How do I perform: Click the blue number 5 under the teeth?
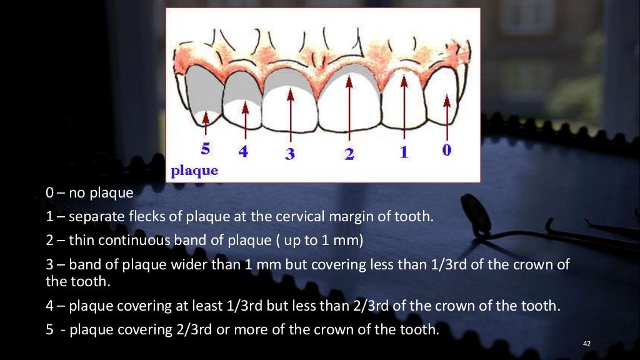tap(206, 149)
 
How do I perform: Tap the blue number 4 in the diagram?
tap(243, 151)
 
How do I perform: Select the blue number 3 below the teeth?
tap(290, 153)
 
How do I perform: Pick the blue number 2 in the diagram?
tap(349, 153)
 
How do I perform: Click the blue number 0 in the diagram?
tap(447, 149)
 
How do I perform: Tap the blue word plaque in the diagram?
tap(194, 171)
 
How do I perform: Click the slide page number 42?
tap(586, 344)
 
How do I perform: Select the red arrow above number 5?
tap(206, 122)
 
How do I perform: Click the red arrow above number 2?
tap(349, 106)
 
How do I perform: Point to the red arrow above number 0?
tap(446, 112)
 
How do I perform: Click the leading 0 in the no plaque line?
tap(50, 192)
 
